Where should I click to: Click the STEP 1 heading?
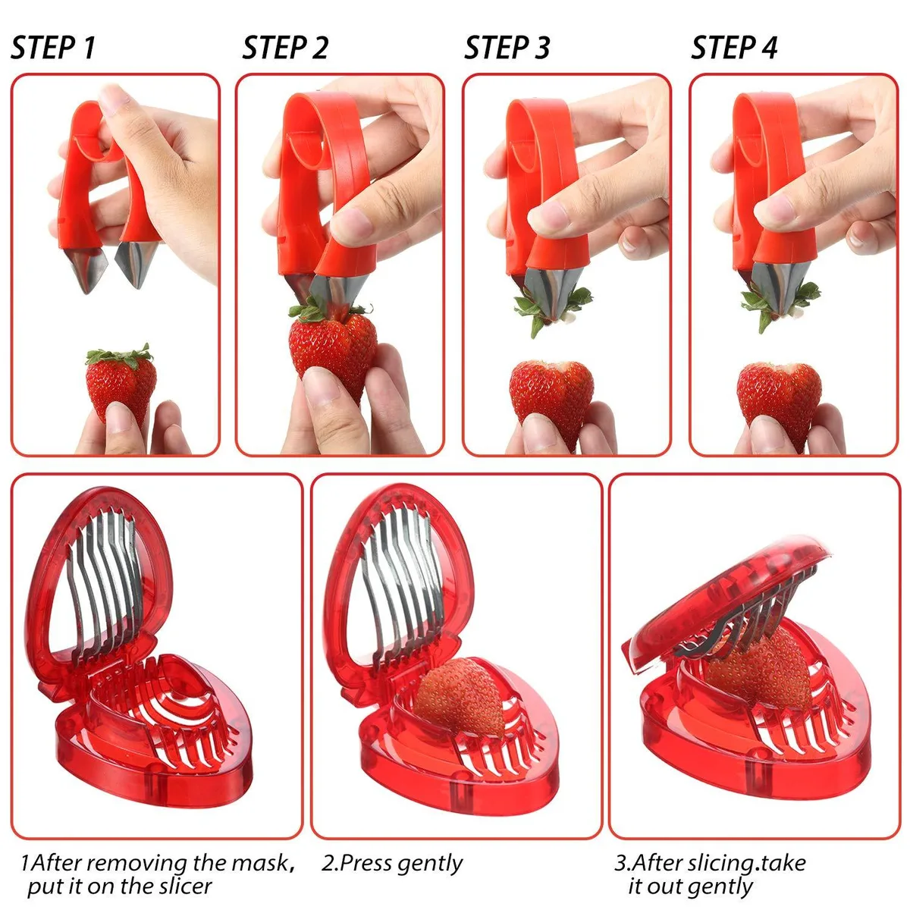pyautogui.click(x=53, y=47)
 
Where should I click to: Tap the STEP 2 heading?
pyautogui.click(x=285, y=47)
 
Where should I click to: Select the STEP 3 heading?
pyautogui.click(x=507, y=47)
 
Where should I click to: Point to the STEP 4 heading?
pyautogui.click(x=734, y=47)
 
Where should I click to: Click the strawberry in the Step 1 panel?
pyautogui.click(x=121, y=381)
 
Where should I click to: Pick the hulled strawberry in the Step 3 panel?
pyautogui.click(x=551, y=397)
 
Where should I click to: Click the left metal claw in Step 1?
pyautogui.click(x=86, y=269)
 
